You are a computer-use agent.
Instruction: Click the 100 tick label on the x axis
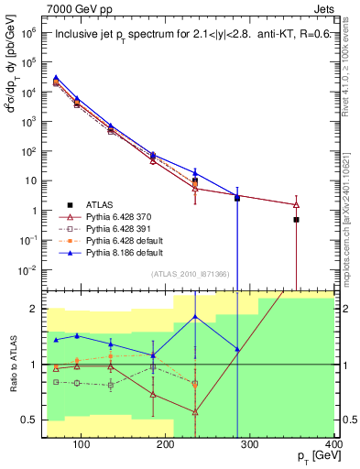point(82,445)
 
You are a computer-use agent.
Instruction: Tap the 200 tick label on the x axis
point(166,445)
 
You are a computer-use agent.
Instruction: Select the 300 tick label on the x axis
point(250,445)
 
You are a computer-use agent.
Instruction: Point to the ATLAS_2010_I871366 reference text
point(190,275)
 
